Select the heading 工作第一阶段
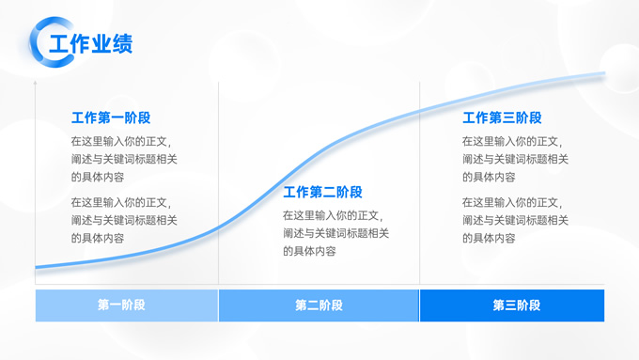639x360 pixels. click(111, 117)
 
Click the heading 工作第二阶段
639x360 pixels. click(322, 193)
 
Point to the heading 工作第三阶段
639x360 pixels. click(502, 117)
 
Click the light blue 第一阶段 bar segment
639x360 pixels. click(126, 305)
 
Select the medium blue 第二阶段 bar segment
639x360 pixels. click(319, 305)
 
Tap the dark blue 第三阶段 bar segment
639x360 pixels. click(512, 305)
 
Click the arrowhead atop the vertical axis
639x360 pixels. click(36, 84)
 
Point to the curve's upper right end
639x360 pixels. click(601, 74)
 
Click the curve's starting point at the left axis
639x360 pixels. click(37, 268)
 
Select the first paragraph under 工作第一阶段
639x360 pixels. click(123, 159)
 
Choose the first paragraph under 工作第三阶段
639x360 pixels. click(514, 159)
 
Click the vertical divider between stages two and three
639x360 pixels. click(419, 188)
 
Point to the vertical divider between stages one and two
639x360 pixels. click(218, 188)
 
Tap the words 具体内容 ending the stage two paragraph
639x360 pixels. click(309, 251)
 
